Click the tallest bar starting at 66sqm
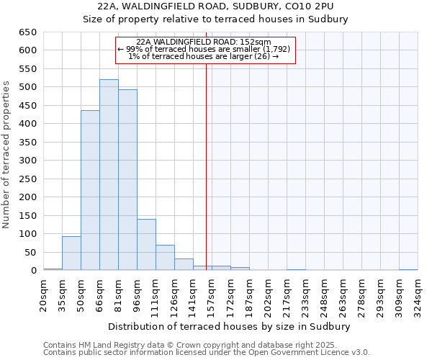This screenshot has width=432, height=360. click(x=109, y=175)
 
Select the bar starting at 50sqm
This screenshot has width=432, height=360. click(x=90, y=191)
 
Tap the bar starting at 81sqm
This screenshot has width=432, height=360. click(x=127, y=180)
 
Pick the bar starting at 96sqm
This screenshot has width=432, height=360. click(x=146, y=245)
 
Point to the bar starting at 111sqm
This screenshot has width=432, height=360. click(x=165, y=258)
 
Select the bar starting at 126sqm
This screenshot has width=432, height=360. click(x=184, y=264)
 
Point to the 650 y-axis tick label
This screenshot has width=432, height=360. click(x=27, y=32)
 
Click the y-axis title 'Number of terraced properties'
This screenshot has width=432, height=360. click(x=6, y=155)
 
